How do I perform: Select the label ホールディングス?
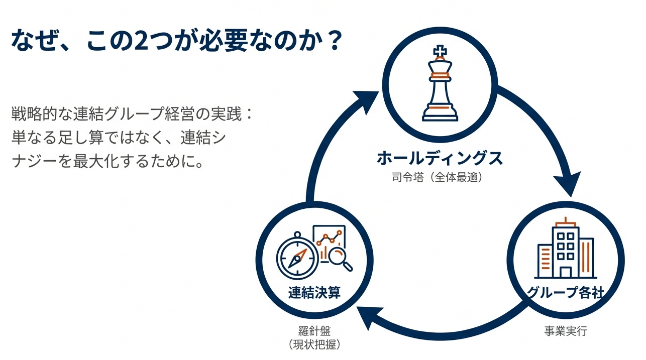(x=440, y=159)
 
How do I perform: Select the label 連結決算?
(x=314, y=293)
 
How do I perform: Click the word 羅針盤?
(x=314, y=331)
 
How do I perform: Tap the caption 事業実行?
(x=566, y=331)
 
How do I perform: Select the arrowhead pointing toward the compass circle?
(x=367, y=317)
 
